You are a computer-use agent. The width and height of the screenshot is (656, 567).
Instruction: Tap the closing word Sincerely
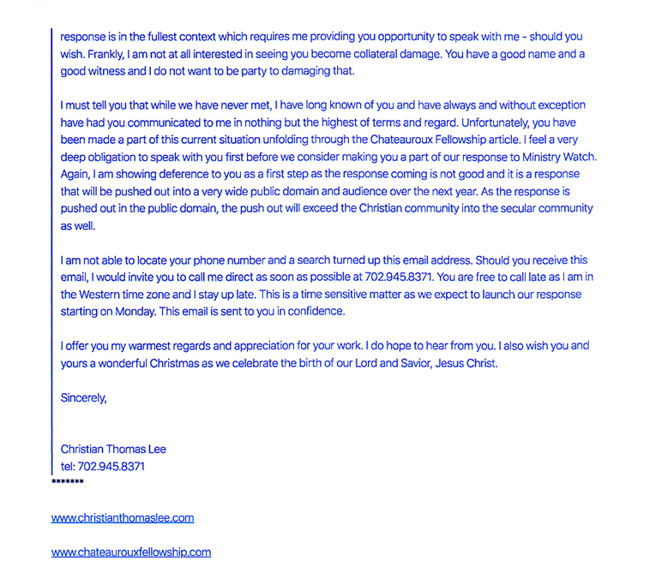click(83, 397)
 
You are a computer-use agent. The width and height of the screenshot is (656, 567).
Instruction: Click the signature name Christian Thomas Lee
click(113, 449)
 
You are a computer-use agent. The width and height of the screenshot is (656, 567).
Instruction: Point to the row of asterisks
click(68, 483)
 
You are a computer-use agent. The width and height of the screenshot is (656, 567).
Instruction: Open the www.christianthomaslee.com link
click(123, 518)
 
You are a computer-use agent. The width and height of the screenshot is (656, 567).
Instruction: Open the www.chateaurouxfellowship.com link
click(131, 552)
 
